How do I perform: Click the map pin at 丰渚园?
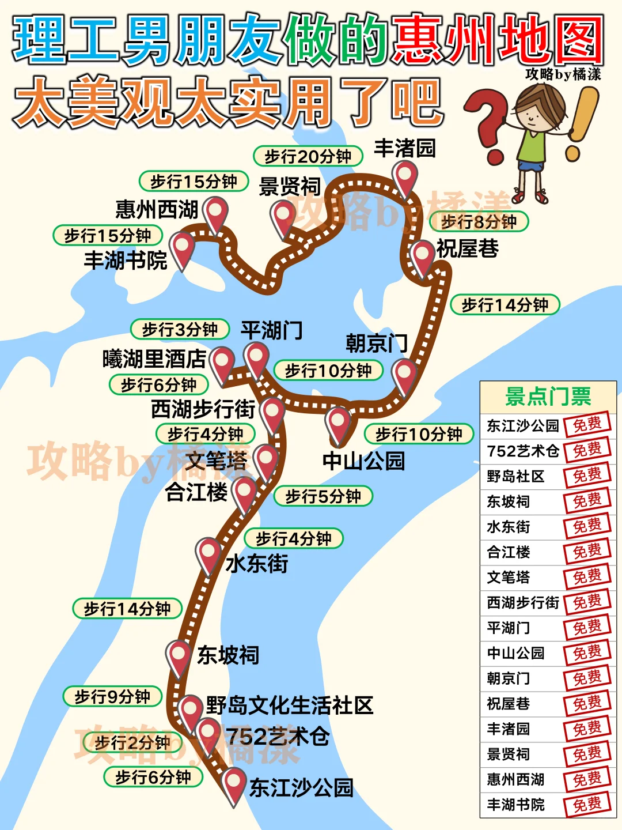point(405,176)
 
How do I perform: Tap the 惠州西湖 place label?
point(157,209)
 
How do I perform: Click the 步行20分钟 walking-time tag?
point(308,156)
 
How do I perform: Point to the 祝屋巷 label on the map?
point(467,248)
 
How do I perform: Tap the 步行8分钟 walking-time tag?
point(479,222)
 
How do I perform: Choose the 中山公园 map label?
point(363,461)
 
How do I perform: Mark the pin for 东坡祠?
point(179,656)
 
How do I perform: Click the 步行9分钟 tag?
point(112,697)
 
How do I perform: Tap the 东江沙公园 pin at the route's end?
point(234,783)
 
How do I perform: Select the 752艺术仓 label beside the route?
point(278,736)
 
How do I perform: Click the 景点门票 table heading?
point(548,397)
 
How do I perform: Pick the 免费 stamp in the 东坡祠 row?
point(587,501)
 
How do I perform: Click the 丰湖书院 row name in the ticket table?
point(515,805)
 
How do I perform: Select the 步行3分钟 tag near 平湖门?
point(180,330)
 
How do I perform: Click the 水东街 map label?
point(257,563)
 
